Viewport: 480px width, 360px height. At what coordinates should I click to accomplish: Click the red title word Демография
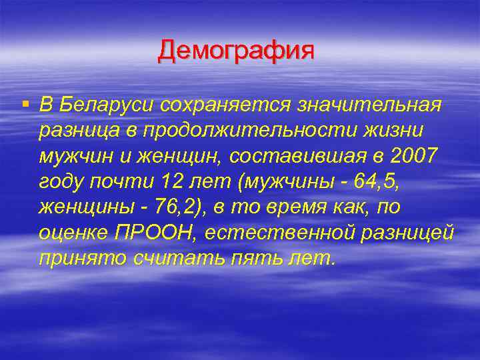235,51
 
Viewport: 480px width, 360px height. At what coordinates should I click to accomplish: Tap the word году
64,181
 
